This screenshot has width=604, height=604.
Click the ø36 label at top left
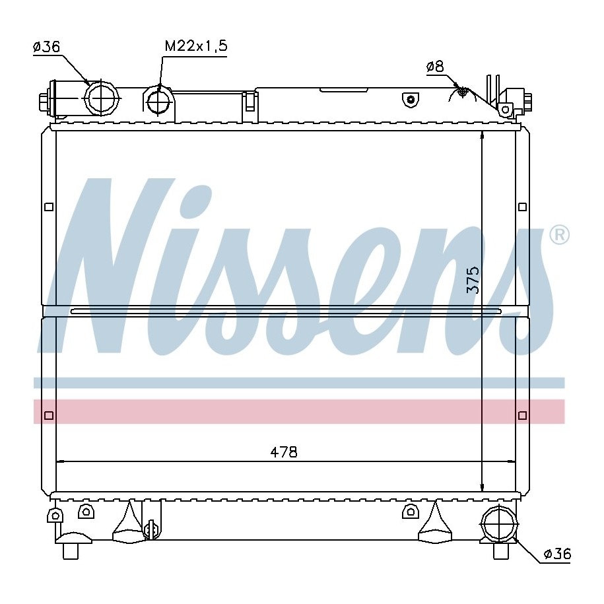[x=47, y=47]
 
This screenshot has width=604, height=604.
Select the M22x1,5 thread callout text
[x=196, y=46]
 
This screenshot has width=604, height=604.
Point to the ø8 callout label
[x=435, y=67]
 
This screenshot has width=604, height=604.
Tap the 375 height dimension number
[x=473, y=279]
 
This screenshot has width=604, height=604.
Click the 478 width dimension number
[x=284, y=452]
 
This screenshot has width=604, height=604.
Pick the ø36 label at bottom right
[x=557, y=554]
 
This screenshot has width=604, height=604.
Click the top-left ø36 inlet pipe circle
[x=102, y=98]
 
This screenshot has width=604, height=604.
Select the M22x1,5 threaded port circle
[x=158, y=102]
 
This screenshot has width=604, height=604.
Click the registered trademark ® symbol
[x=559, y=235]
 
